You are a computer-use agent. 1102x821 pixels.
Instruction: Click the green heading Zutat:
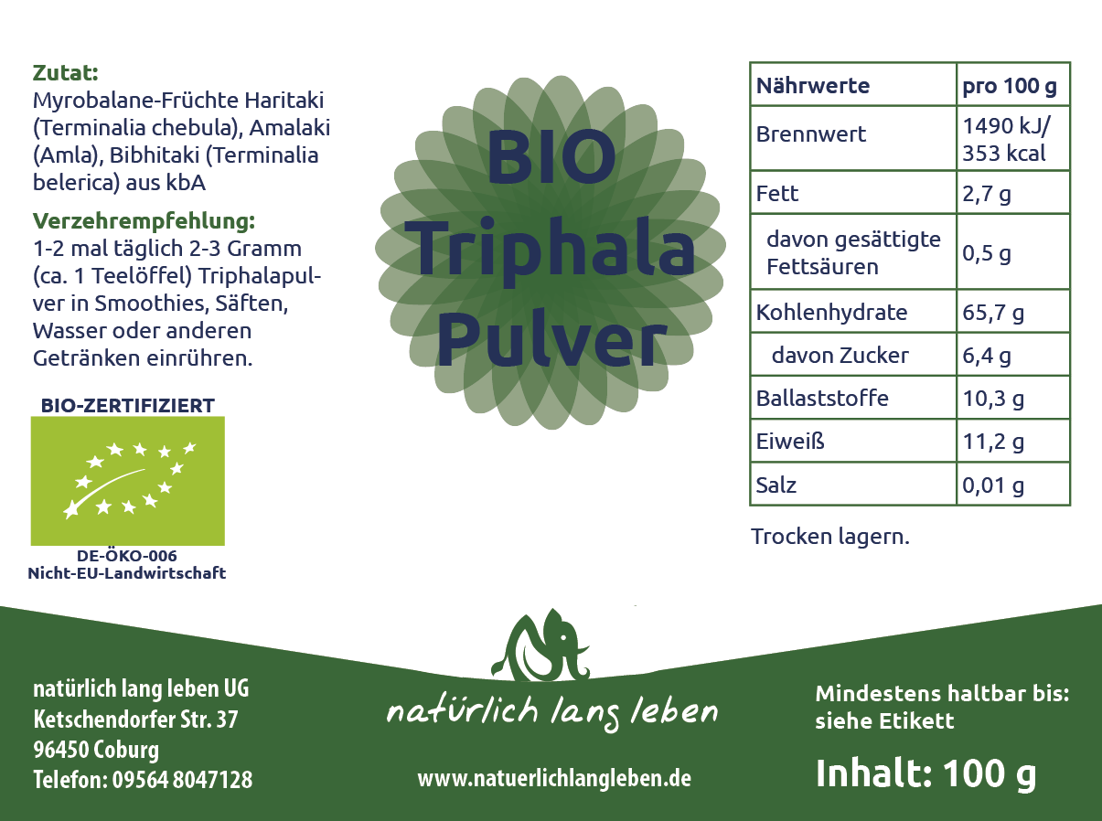point(65,73)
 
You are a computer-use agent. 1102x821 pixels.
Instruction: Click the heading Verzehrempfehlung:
point(144,221)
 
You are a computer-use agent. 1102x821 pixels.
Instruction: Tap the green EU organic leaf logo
point(127,481)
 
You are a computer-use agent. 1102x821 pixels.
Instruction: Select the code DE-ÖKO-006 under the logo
point(127,556)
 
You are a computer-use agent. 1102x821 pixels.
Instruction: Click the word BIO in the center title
point(551,157)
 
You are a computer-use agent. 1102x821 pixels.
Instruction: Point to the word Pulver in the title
point(552,340)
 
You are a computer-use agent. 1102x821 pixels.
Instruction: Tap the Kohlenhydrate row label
point(831,312)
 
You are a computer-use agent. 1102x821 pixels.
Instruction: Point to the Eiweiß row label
point(790,442)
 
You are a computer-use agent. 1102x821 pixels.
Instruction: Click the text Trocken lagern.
point(829,537)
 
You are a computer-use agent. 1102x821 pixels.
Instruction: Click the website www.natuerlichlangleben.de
point(554,778)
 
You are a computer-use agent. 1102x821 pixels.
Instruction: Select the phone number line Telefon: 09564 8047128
point(143,779)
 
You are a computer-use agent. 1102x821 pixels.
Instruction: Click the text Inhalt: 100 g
point(925,774)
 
